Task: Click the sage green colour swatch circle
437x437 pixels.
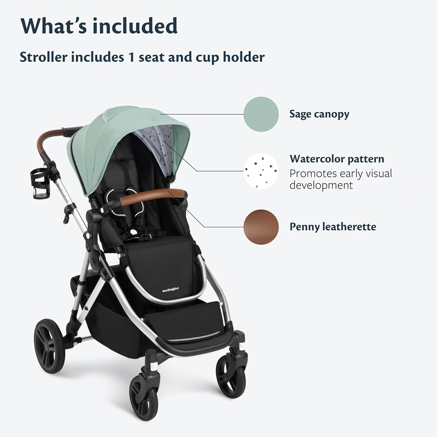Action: tap(261, 114)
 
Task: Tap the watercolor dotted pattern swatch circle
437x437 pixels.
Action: tap(261, 171)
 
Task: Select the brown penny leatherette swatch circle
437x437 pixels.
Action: tap(261, 227)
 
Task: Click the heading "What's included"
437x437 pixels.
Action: tap(99, 26)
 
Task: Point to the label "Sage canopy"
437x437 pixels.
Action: tap(319, 114)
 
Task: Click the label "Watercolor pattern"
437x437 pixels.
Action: tap(337, 159)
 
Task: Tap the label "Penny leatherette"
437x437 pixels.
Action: tap(333, 227)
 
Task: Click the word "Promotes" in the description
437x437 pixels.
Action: tap(313, 174)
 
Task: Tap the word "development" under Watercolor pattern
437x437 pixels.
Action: tap(321, 185)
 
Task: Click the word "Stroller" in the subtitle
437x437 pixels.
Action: tap(43, 57)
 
